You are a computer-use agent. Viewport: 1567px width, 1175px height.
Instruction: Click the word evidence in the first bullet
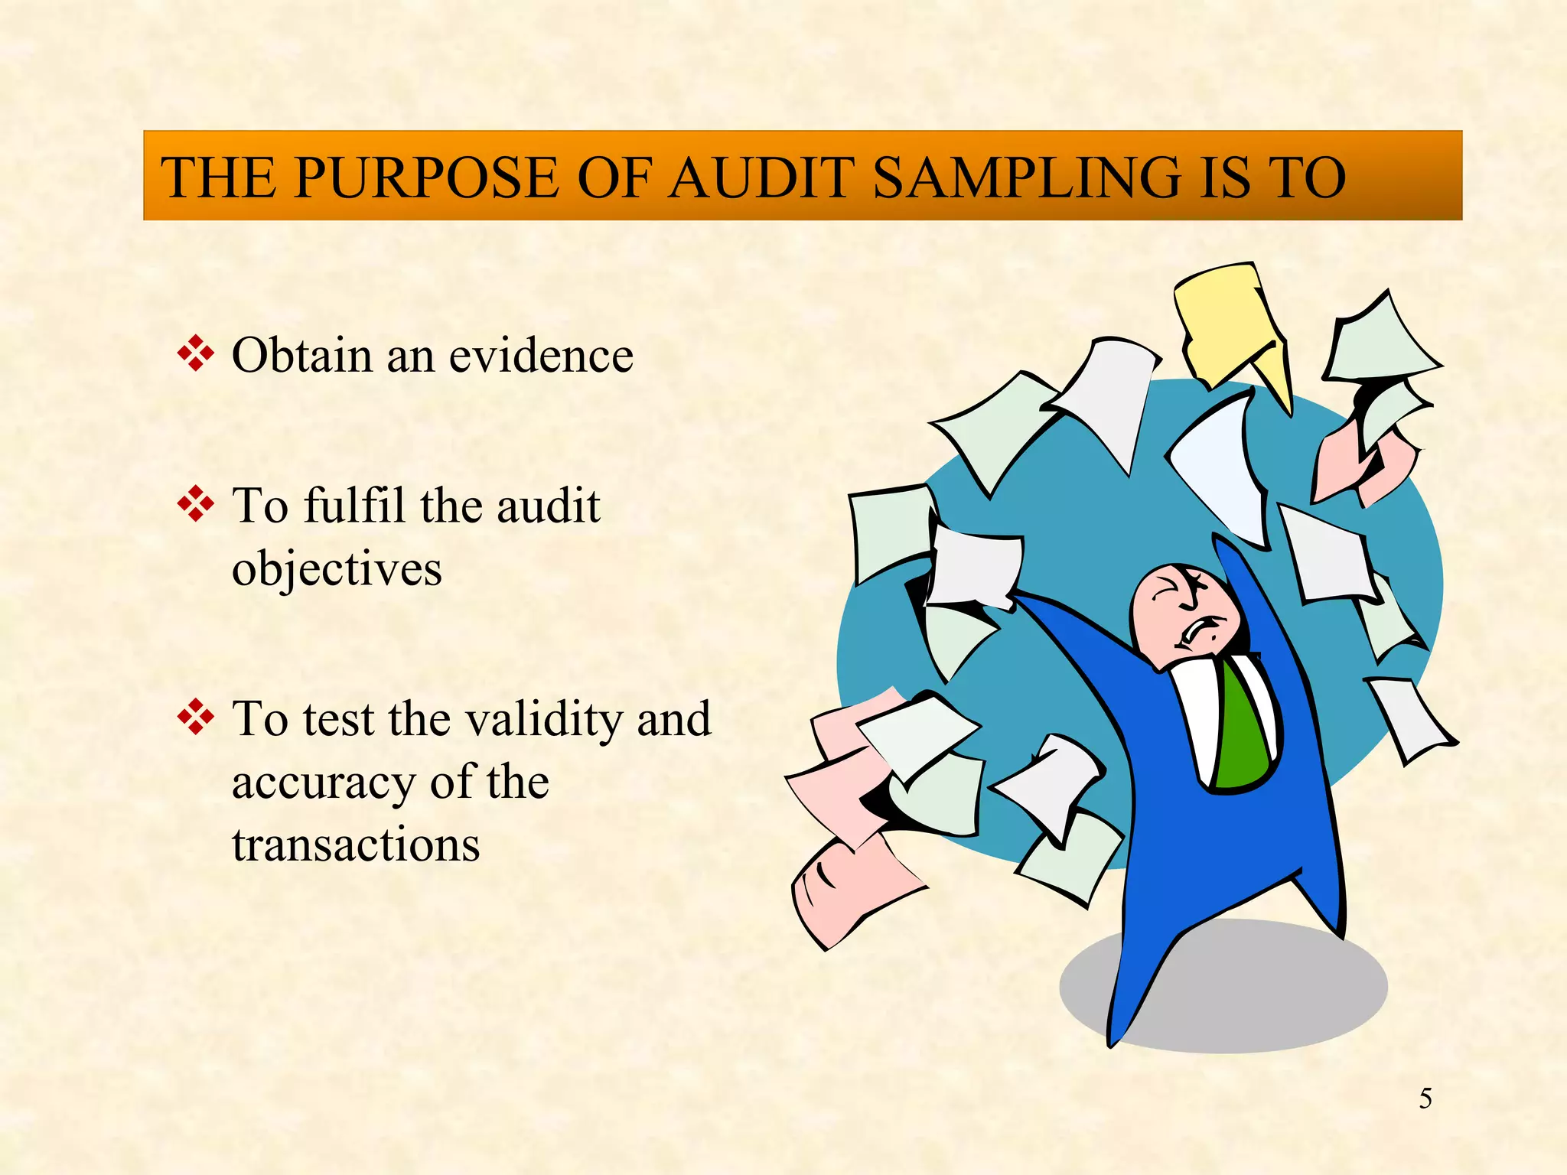(x=541, y=356)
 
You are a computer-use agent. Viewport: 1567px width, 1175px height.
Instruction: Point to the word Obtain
(x=301, y=356)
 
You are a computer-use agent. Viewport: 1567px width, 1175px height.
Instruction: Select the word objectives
(x=337, y=570)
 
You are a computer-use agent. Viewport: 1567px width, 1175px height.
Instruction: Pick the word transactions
(x=356, y=845)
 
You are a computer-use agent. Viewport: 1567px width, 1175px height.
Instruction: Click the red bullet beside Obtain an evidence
(x=195, y=353)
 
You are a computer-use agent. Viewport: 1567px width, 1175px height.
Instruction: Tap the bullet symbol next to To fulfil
(x=195, y=504)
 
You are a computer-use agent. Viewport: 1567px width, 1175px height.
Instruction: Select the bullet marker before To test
(x=195, y=718)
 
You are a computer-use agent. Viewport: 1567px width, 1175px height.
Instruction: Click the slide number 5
(x=1425, y=1099)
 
